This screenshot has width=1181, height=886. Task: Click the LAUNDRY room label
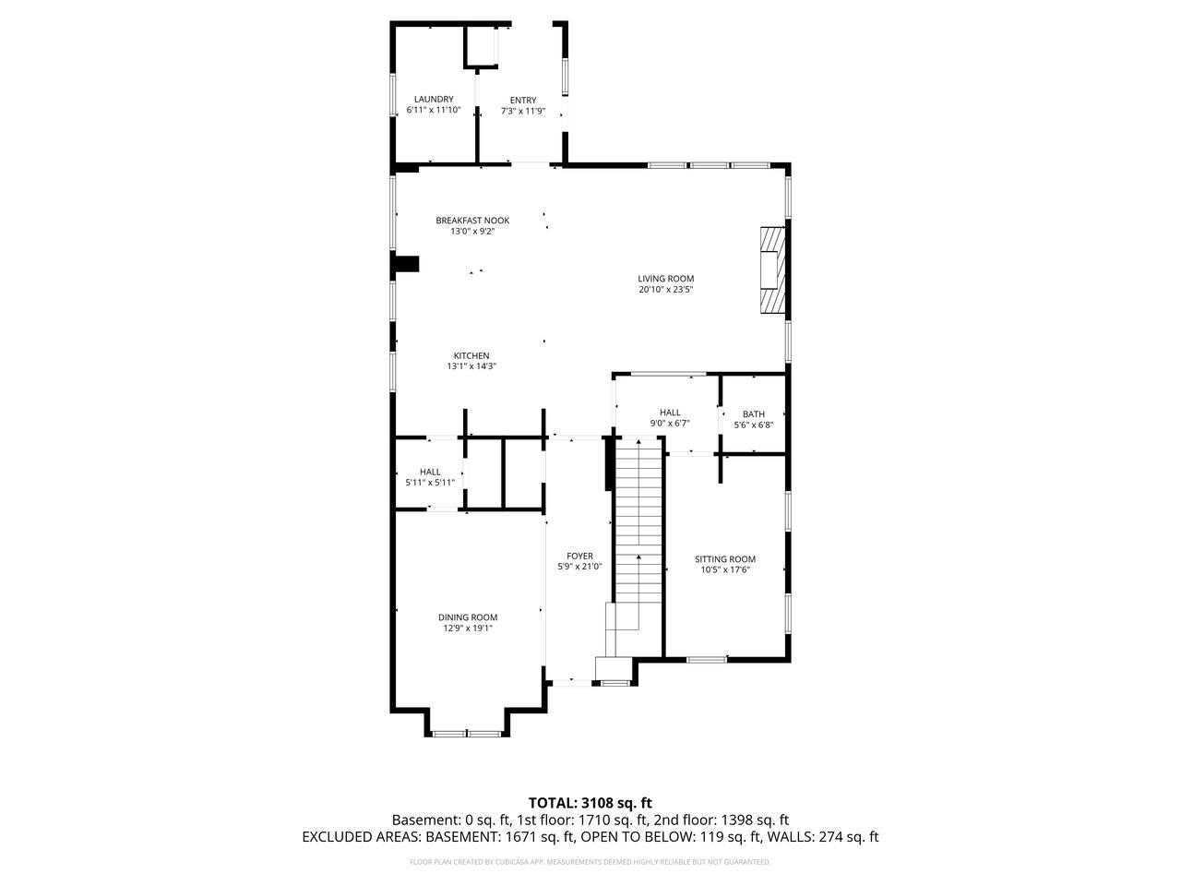point(433,99)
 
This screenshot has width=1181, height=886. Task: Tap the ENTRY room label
point(522,101)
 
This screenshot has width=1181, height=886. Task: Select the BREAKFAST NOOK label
point(472,221)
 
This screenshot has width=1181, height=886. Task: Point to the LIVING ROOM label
point(665,279)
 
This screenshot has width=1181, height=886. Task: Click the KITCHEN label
point(471,356)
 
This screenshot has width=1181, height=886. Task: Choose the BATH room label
point(753,414)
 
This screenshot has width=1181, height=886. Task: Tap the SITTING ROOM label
point(724,559)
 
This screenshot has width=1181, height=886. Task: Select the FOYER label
point(579,556)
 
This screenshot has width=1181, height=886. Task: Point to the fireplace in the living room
point(771,270)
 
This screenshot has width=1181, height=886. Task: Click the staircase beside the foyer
point(639,526)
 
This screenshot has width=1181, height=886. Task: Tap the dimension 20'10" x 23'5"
point(665,290)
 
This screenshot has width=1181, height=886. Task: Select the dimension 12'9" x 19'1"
point(468,629)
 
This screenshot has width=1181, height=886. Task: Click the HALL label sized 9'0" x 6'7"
point(670,413)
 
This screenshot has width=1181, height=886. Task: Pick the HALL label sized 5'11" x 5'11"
point(430,472)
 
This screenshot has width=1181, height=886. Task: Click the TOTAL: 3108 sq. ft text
point(590,803)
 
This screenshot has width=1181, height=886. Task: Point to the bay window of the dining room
point(467,733)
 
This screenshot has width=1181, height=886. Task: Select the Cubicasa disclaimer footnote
point(590,862)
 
